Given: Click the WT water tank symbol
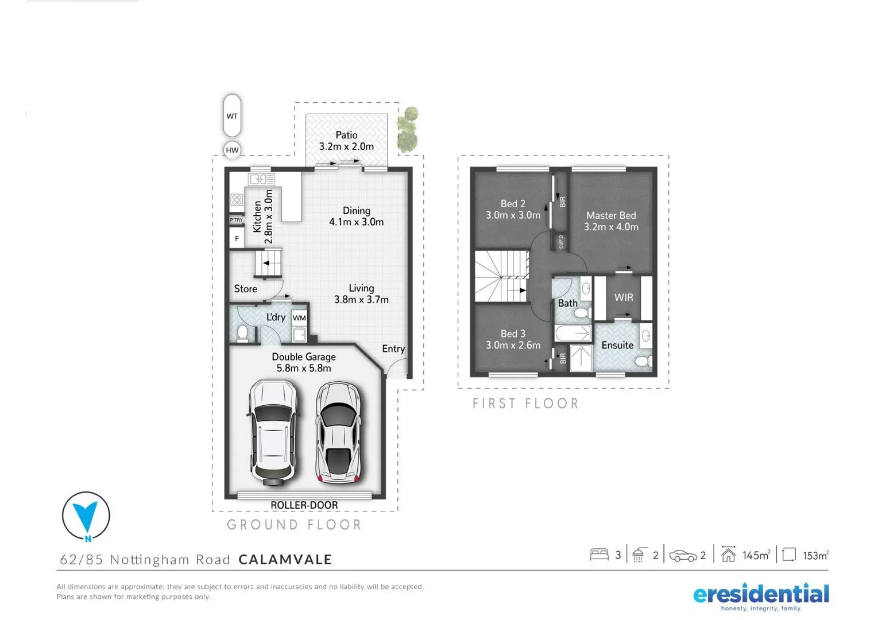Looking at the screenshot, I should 232,115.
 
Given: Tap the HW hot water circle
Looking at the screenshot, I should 232,150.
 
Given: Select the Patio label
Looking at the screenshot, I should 346,135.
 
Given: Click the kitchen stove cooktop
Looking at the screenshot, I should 237,200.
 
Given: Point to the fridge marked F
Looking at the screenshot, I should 237,238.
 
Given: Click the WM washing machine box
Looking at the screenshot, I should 299,317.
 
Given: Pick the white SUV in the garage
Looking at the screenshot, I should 273,431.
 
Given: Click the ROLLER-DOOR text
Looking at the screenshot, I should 304,505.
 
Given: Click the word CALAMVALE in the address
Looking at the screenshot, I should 285,559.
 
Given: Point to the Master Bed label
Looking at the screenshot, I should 611,215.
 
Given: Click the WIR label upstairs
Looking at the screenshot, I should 624,297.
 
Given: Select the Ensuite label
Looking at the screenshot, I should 617,345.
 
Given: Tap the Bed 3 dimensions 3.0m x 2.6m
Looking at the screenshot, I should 513,345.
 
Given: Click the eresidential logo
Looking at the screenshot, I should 761,596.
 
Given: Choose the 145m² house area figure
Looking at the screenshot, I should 756,555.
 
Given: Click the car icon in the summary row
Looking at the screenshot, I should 683,556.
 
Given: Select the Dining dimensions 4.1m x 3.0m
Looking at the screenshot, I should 356,222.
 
